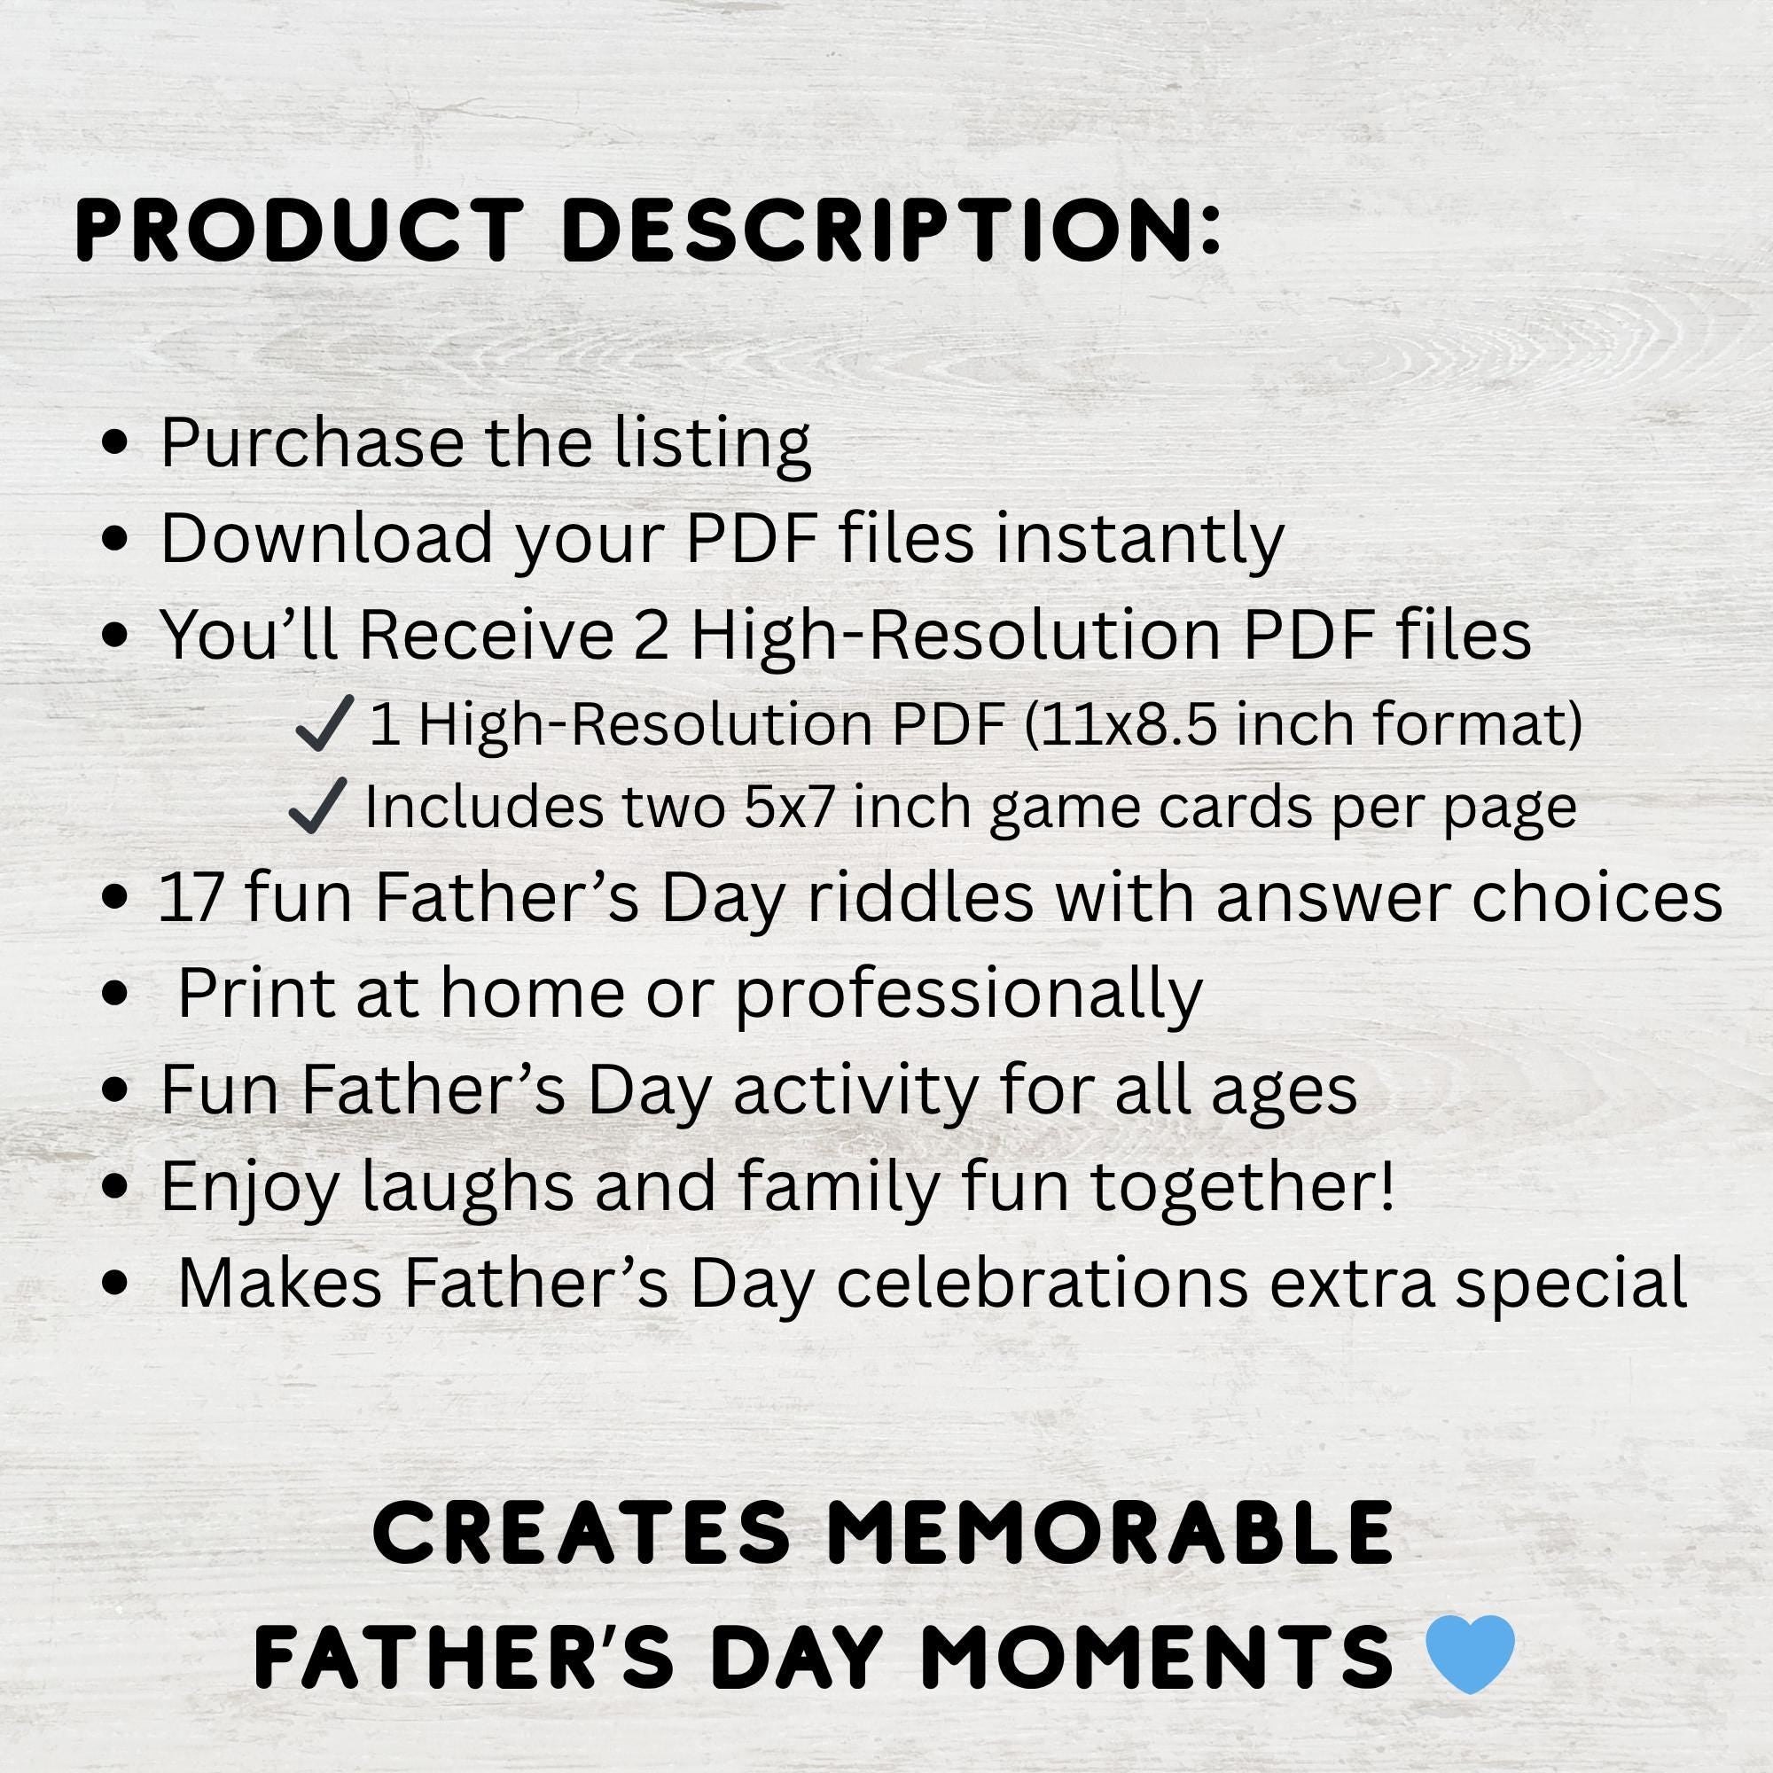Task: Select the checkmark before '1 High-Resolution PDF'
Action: click(x=324, y=723)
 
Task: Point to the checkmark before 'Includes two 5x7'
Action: click(x=317, y=806)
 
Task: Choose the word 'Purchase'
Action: click(x=312, y=443)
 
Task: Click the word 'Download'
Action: click(x=327, y=539)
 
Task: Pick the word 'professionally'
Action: click(x=968, y=995)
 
